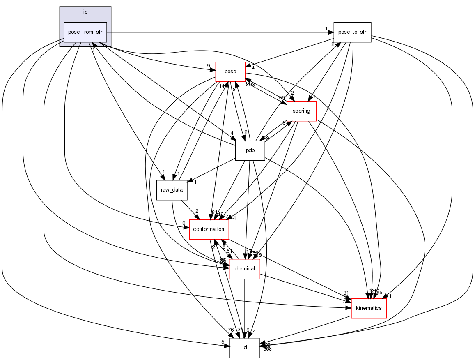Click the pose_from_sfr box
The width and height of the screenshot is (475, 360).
point(85,32)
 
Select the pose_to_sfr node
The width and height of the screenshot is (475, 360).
point(352,32)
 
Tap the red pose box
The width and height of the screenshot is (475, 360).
point(230,72)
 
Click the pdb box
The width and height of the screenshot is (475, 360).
point(250,150)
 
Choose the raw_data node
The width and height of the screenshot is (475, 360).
point(172,189)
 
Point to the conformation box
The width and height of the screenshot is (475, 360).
point(209,229)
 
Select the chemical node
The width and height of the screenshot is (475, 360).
point(244,269)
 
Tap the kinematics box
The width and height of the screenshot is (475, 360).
point(369,308)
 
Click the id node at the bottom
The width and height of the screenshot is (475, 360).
point(244,348)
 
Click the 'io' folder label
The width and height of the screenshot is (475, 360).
point(85,12)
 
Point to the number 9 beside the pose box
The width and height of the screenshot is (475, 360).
point(209,65)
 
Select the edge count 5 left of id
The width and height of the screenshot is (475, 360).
point(223,342)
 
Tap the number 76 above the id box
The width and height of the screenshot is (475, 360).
point(231,330)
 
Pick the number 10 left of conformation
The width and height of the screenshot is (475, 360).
point(182,223)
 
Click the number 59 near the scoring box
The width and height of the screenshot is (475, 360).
point(282,98)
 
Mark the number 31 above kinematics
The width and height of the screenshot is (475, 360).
point(346,293)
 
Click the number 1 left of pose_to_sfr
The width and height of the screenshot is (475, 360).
point(326,28)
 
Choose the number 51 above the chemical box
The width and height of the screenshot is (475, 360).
point(229,251)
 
